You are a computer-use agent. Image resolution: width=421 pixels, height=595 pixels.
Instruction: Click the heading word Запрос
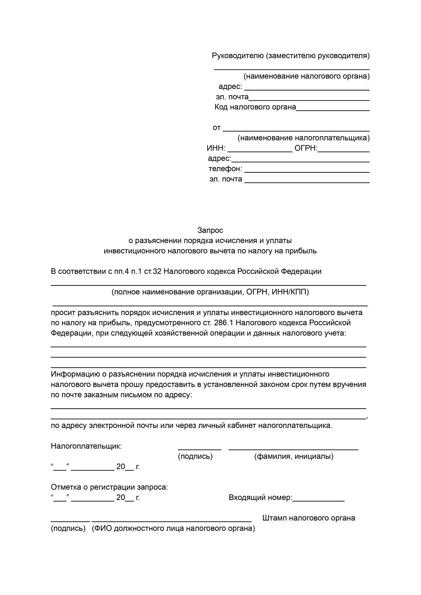(x=210, y=230)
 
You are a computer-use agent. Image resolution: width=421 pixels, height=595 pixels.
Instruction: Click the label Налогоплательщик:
(x=86, y=446)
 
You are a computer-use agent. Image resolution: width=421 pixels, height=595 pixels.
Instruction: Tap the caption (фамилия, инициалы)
(x=294, y=456)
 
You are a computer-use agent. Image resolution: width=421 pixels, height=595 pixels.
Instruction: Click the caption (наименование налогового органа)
(x=306, y=76)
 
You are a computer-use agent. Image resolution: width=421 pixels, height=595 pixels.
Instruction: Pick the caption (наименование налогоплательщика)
(x=303, y=138)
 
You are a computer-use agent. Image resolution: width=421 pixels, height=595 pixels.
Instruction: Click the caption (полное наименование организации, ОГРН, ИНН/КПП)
(x=210, y=292)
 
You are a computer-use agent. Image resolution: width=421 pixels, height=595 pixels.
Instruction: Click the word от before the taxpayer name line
(x=217, y=128)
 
